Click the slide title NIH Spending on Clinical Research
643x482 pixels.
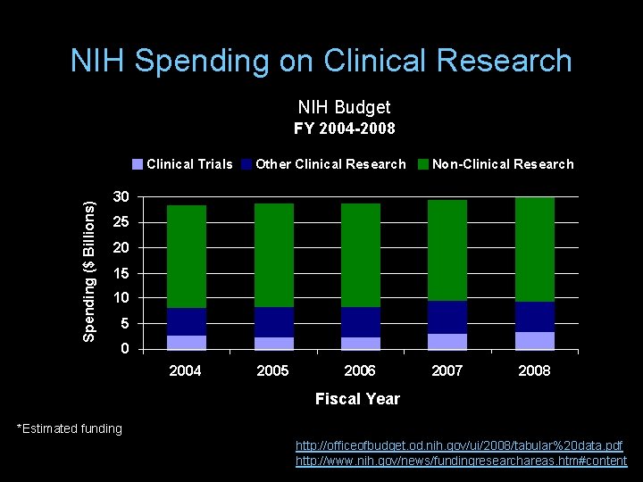pyautogui.click(x=321, y=61)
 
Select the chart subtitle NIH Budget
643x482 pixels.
pyautogui.click(x=344, y=107)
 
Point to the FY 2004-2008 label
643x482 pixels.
pyautogui.click(x=345, y=129)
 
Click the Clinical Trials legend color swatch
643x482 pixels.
pyautogui.click(x=137, y=164)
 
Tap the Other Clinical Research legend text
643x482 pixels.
pyautogui.click(x=330, y=164)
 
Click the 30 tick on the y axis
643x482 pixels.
pyautogui.click(x=121, y=196)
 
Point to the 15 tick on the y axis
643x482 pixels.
pyautogui.click(x=121, y=272)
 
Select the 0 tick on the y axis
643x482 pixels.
pyautogui.click(x=125, y=348)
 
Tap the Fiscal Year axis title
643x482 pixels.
pyautogui.click(x=357, y=399)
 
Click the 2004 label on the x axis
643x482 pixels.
pyautogui.click(x=186, y=370)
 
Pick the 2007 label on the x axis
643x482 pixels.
pyautogui.click(x=447, y=370)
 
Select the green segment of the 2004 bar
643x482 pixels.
pyautogui.click(x=186, y=257)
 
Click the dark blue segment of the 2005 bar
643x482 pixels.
pyautogui.click(x=273, y=322)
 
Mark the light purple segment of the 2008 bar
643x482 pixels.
pyautogui.click(x=534, y=340)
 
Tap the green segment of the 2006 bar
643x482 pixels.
pyautogui.click(x=360, y=255)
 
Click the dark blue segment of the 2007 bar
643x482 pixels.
pyautogui.click(x=447, y=317)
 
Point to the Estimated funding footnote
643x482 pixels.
pyautogui.click(x=70, y=428)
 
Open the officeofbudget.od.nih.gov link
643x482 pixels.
pyautogui.click(x=459, y=445)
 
